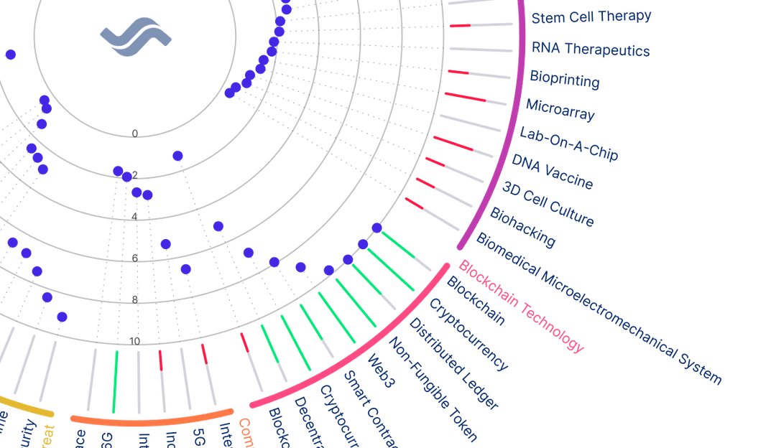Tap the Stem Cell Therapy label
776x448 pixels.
[591, 17]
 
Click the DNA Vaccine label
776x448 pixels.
[553, 171]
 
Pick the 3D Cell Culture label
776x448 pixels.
[548, 204]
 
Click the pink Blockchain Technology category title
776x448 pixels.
[521, 306]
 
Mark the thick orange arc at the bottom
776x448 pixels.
[151, 419]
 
